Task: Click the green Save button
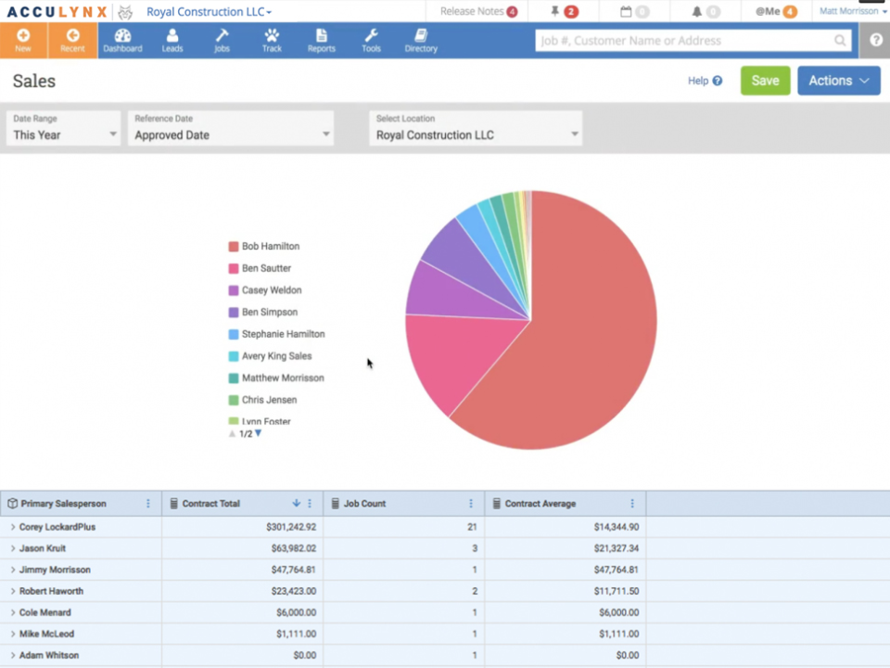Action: (x=765, y=81)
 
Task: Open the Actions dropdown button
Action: (x=838, y=81)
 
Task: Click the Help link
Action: (x=704, y=81)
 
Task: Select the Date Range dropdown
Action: (x=64, y=128)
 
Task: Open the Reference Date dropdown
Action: (x=231, y=128)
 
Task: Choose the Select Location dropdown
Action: (x=476, y=128)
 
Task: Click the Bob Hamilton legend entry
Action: (x=270, y=247)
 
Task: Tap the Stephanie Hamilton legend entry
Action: (x=283, y=334)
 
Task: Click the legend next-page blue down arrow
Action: (x=258, y=433)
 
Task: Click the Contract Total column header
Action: (x=211, y=504)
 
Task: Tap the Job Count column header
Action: (x=364, y=504)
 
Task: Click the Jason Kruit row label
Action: (x=44, y=548)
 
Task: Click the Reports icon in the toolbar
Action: (x=321, y=41)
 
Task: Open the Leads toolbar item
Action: (x=172, y=41)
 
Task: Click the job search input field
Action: (x=686, y=41)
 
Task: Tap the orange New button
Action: (x=23, y=41)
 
